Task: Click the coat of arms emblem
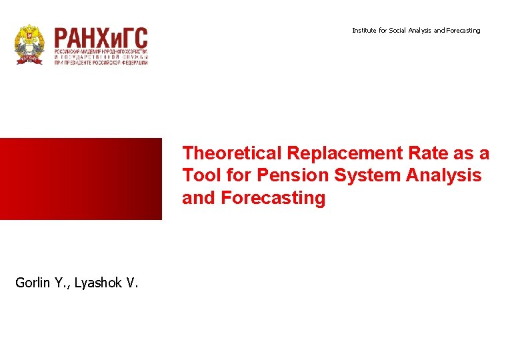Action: click(x=29, y=45)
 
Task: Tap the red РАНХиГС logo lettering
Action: click(x=101, y=38)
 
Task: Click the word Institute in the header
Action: click(x=364, y=31)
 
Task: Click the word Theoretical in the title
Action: click(x=232, y=153)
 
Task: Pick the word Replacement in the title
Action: click(x=345, y=153)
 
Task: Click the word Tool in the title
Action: click(x=198, y=176)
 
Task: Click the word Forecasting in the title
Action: click(x=273, y=199)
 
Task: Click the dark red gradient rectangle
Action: click(x=81, y=179)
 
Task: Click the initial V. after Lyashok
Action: click(x=132, y=283)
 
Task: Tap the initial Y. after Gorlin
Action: click(x=62, y=283)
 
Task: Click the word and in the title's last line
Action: click(x=198, y=199)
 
